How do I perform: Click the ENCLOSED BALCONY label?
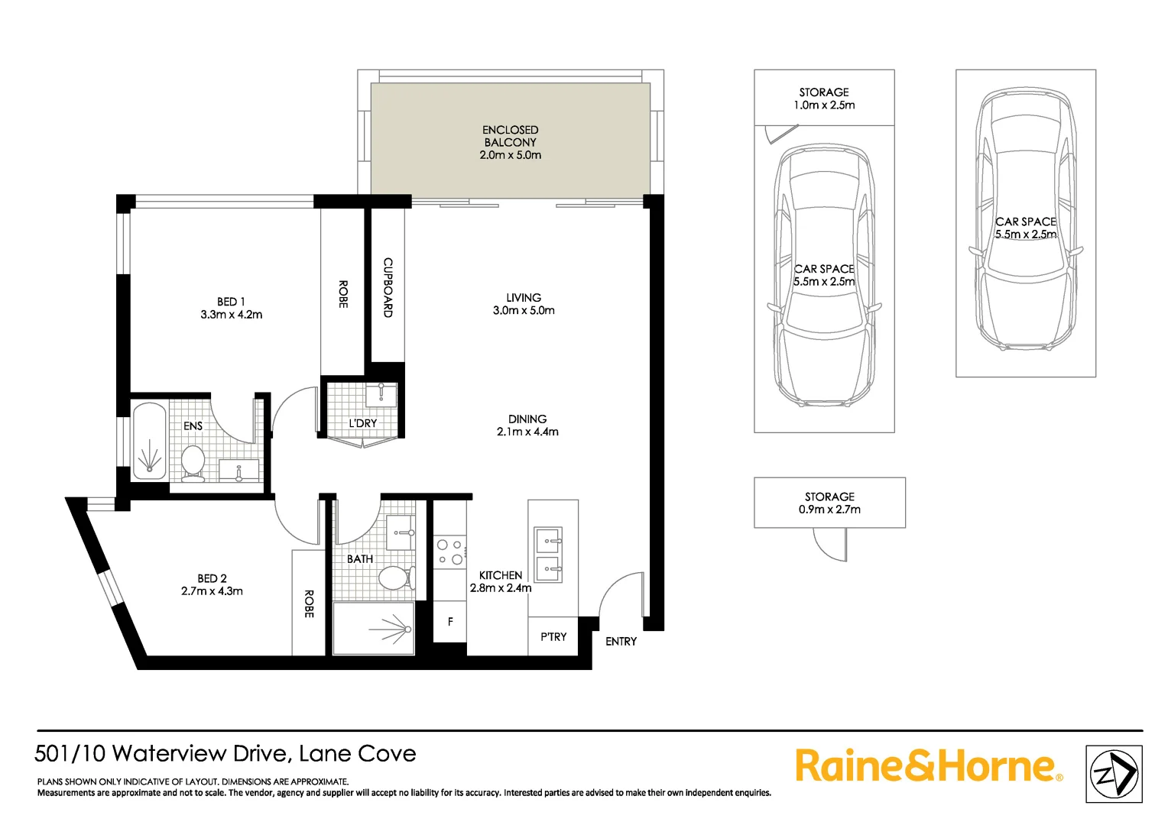[510, 136]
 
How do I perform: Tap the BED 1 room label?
[231, 302]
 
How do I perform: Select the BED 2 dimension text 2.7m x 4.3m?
[212, 591]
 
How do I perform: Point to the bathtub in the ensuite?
[150, 442]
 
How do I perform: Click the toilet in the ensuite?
[193, 462]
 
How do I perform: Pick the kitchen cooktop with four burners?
[449, 552]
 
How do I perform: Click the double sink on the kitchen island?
[548, 555]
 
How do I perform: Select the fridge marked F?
[450, 622]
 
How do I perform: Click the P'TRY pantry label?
[553, 636]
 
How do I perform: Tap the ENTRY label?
[621, 642]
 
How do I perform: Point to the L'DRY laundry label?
[362, 423]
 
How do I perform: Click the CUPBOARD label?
[388, 287]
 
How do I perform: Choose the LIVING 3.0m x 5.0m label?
[524, 304]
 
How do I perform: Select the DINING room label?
[527, 419]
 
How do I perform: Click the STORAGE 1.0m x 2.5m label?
[824, 99]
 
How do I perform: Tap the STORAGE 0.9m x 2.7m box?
[829, 503]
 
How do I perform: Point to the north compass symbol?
[1114, 774]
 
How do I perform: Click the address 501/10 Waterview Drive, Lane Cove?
[225, 754]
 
